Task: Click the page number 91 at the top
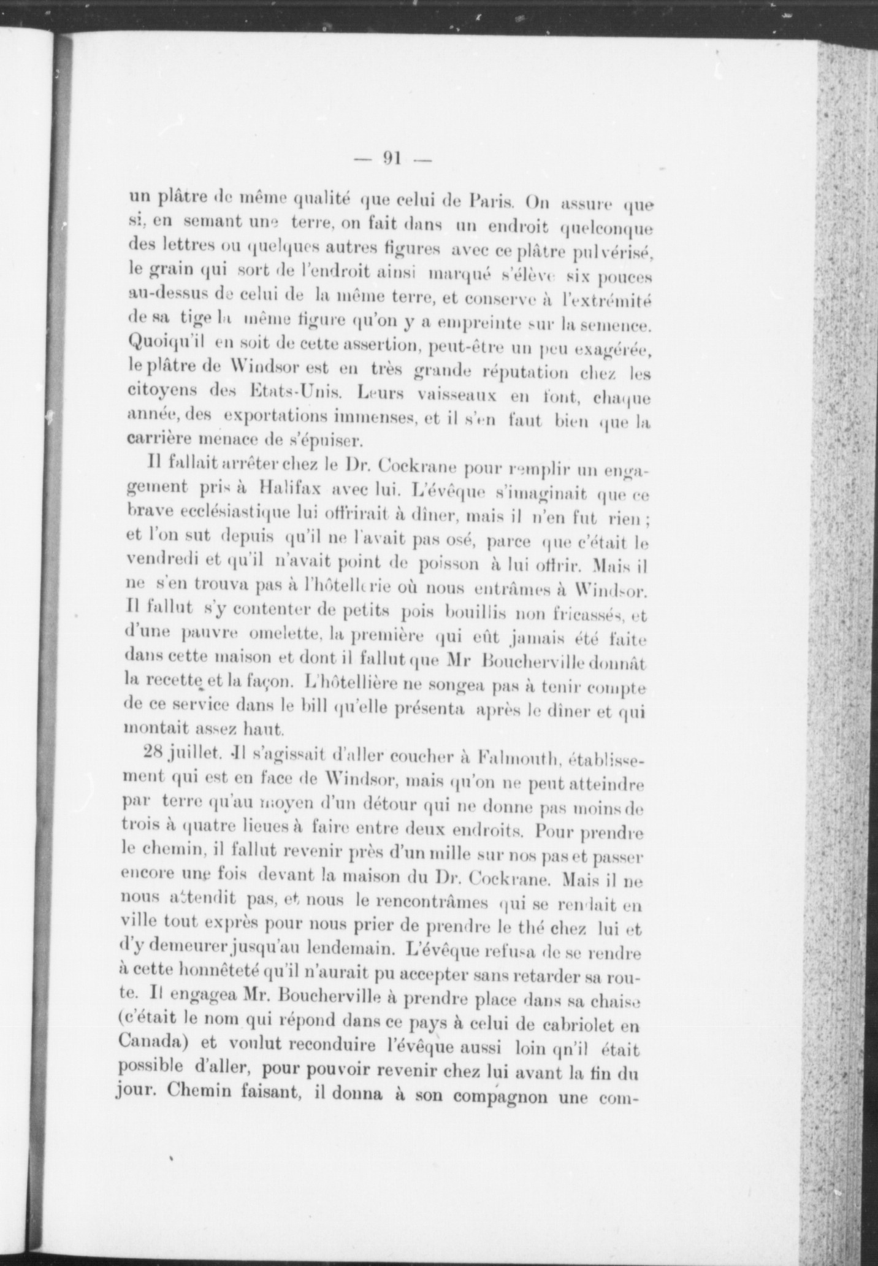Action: coord(392,158)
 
